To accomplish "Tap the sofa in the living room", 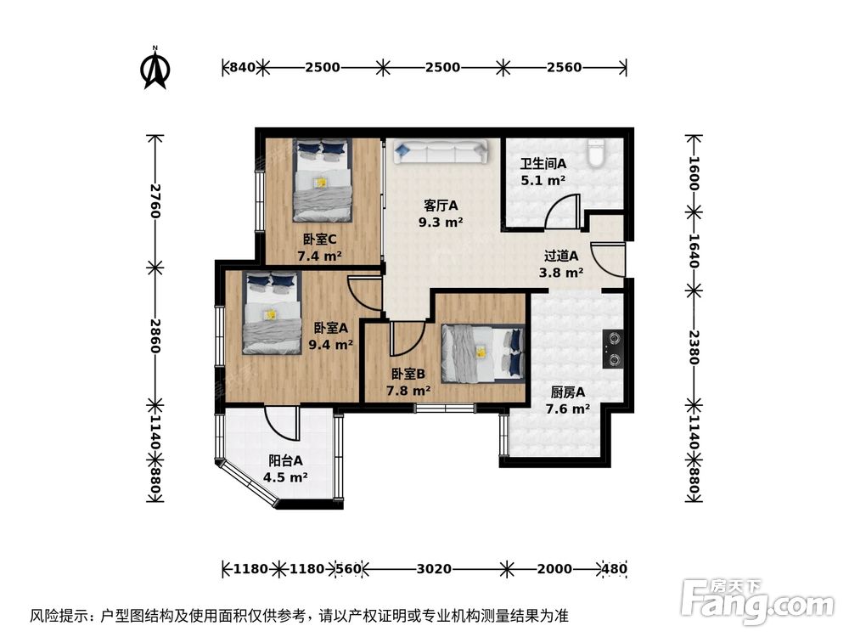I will (x=440, y=152).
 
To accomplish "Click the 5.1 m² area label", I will (x=543, y=180).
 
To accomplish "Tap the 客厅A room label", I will (x=441, y=205).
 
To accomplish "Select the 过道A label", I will (x=561, y=255).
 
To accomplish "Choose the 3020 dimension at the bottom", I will (x=434, y=568).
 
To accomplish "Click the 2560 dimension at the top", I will (x=564, y=67).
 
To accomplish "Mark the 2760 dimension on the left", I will (x=155, y=200).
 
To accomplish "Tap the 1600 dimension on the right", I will (x=694, y=173).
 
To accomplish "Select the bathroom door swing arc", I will (x=561, y=211).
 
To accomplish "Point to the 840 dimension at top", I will (x=242, y=67).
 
